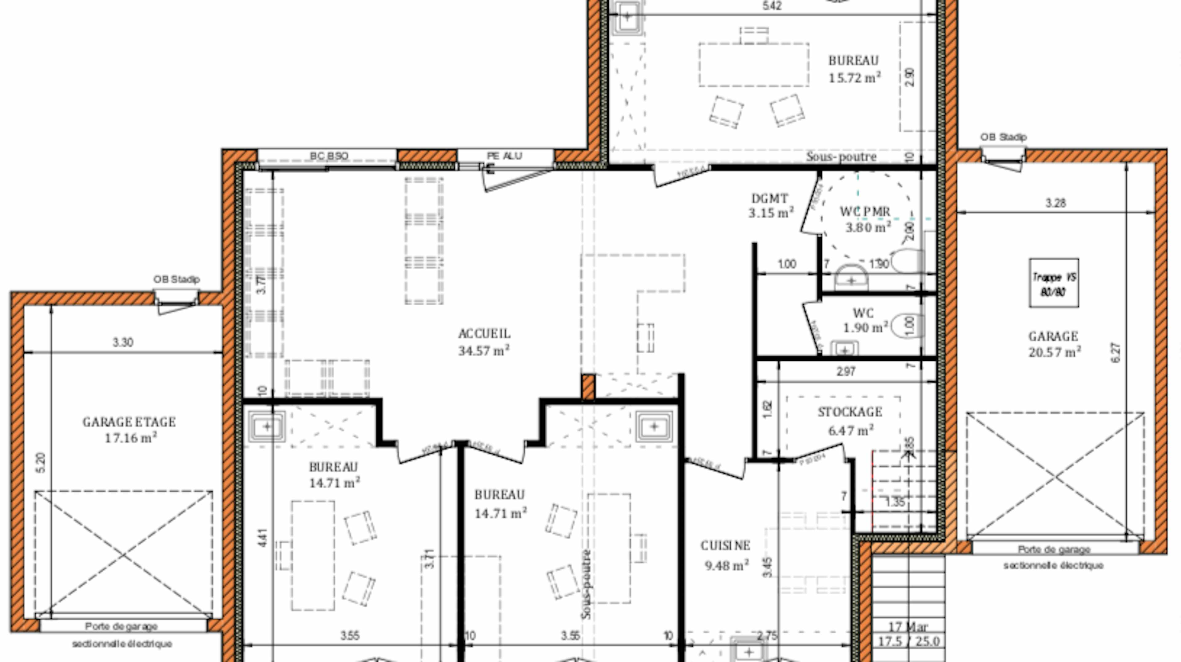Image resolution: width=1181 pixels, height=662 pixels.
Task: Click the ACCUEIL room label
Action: tap(484, 334)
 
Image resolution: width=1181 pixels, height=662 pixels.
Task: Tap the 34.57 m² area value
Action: tap(484, 351)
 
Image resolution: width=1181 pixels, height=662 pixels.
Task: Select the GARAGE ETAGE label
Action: tap(129, 422)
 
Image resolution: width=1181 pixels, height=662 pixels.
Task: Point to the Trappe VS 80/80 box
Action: tap(1054, 283)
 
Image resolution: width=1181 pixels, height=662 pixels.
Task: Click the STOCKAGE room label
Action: tap(849, 412)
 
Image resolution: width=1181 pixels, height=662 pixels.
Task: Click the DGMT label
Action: tap(770, 199)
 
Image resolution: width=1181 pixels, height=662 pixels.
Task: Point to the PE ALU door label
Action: tap(504, 156)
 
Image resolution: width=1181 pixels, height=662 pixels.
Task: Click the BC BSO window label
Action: tap(329, 156)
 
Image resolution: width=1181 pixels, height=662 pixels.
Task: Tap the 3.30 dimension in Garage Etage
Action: tap(123, 342)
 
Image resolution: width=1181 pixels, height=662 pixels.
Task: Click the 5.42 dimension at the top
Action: tap(772, 6)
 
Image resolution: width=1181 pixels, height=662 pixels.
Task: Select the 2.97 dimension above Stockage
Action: tap(845, 371)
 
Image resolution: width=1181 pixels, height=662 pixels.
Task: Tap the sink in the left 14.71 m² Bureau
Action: tap(267, 427)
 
